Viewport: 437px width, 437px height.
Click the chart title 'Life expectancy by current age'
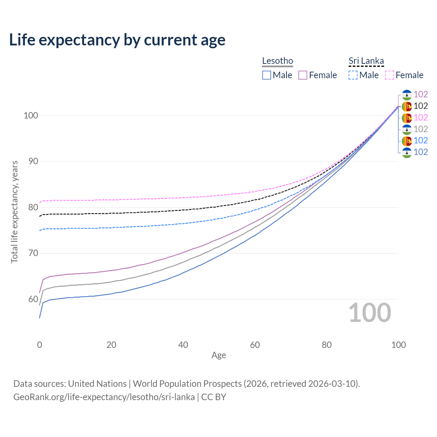tap(117, 40)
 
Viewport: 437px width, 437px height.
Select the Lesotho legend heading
tap(278, 61)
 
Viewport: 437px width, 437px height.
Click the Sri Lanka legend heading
tap(366, 61)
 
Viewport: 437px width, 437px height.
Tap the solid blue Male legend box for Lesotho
tap(267, 75)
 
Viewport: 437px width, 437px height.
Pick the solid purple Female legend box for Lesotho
tap(303, 75)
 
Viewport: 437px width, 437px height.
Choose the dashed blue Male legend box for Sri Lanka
tap(353, 75)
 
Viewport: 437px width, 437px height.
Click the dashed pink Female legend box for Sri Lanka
tap(390, 75)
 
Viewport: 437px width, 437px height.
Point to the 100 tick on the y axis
tap(30, 115)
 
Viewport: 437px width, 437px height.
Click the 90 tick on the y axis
tap(33, 161)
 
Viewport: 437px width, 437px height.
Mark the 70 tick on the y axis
tap(33, 253)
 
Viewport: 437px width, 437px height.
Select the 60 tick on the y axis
tap(33, 299)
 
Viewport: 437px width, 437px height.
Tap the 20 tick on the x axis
tap(111, 345)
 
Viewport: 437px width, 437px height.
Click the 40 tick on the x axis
tap(183, 345)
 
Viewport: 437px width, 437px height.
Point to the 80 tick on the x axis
tap(327, 345)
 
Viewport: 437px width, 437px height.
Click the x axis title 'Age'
tap(218, 355)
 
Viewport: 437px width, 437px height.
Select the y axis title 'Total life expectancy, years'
tap(14, 212)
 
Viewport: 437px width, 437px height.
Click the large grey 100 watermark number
tap(370, 313)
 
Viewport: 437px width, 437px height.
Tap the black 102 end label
tap(421, 106)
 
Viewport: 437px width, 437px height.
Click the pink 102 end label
tap(421, 117)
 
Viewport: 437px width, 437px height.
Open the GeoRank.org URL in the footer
tap(104, 397)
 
